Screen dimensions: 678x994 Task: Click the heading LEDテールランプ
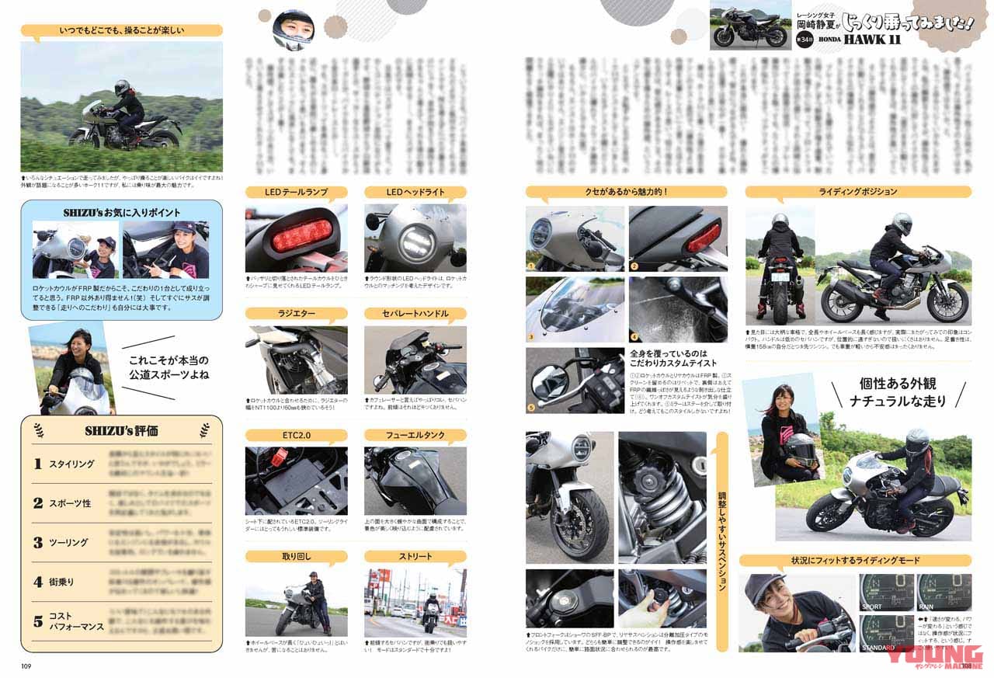point(296,192)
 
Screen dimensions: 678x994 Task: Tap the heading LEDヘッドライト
point(415,192)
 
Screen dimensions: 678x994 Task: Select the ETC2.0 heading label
point(296,435)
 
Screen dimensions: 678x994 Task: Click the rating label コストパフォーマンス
point(76,621)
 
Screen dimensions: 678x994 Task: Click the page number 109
point(26,665)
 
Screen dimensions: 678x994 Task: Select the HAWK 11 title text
point(871,40)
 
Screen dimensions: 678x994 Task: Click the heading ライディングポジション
point(857,192)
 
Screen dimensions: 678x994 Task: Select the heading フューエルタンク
point(415,435)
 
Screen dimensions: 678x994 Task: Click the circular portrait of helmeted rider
point(294,30)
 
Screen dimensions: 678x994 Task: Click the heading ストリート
point(415,556)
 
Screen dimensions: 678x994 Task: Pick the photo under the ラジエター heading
point(296,360)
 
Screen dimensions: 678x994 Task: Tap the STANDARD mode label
point(877,647)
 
